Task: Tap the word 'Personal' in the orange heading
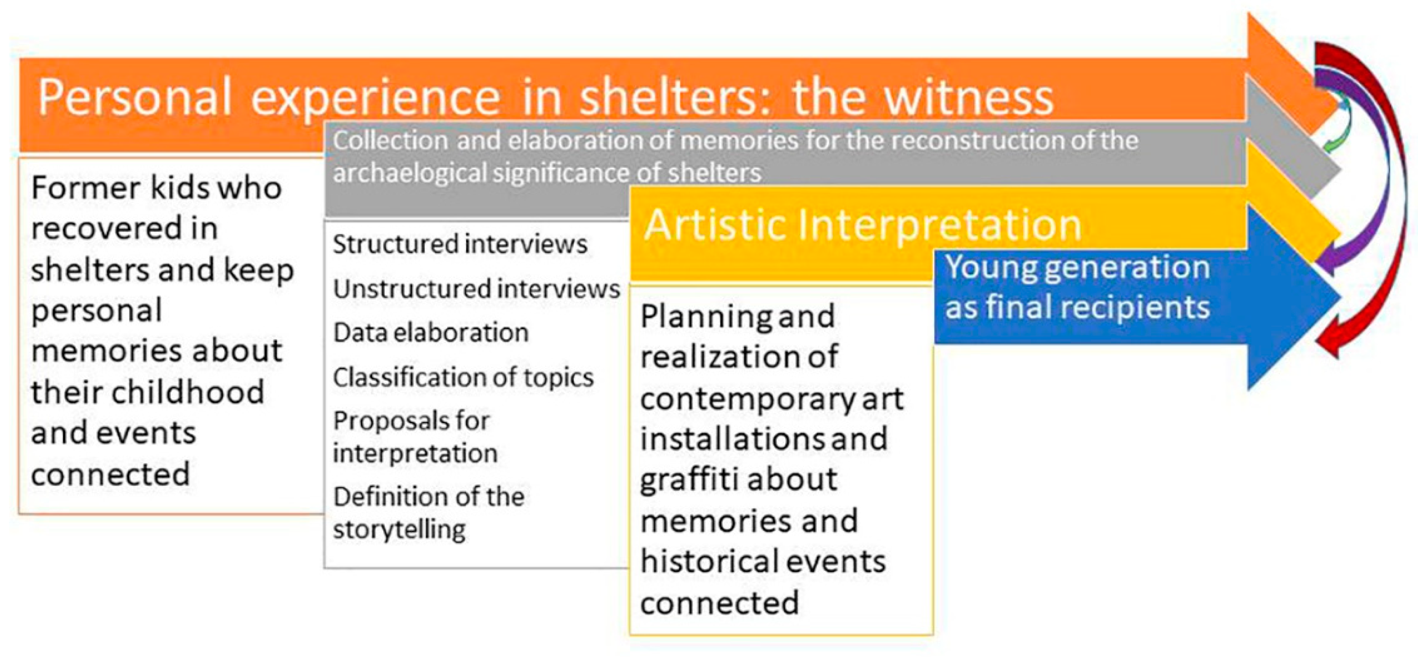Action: pos(134,97)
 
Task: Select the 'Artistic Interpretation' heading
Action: pos(863,225)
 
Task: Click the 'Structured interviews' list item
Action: pos(460,244)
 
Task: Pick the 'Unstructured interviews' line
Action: pos(477,288)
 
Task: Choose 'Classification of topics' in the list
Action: pos(463,378)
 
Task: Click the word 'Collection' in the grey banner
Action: pos(390,140)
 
